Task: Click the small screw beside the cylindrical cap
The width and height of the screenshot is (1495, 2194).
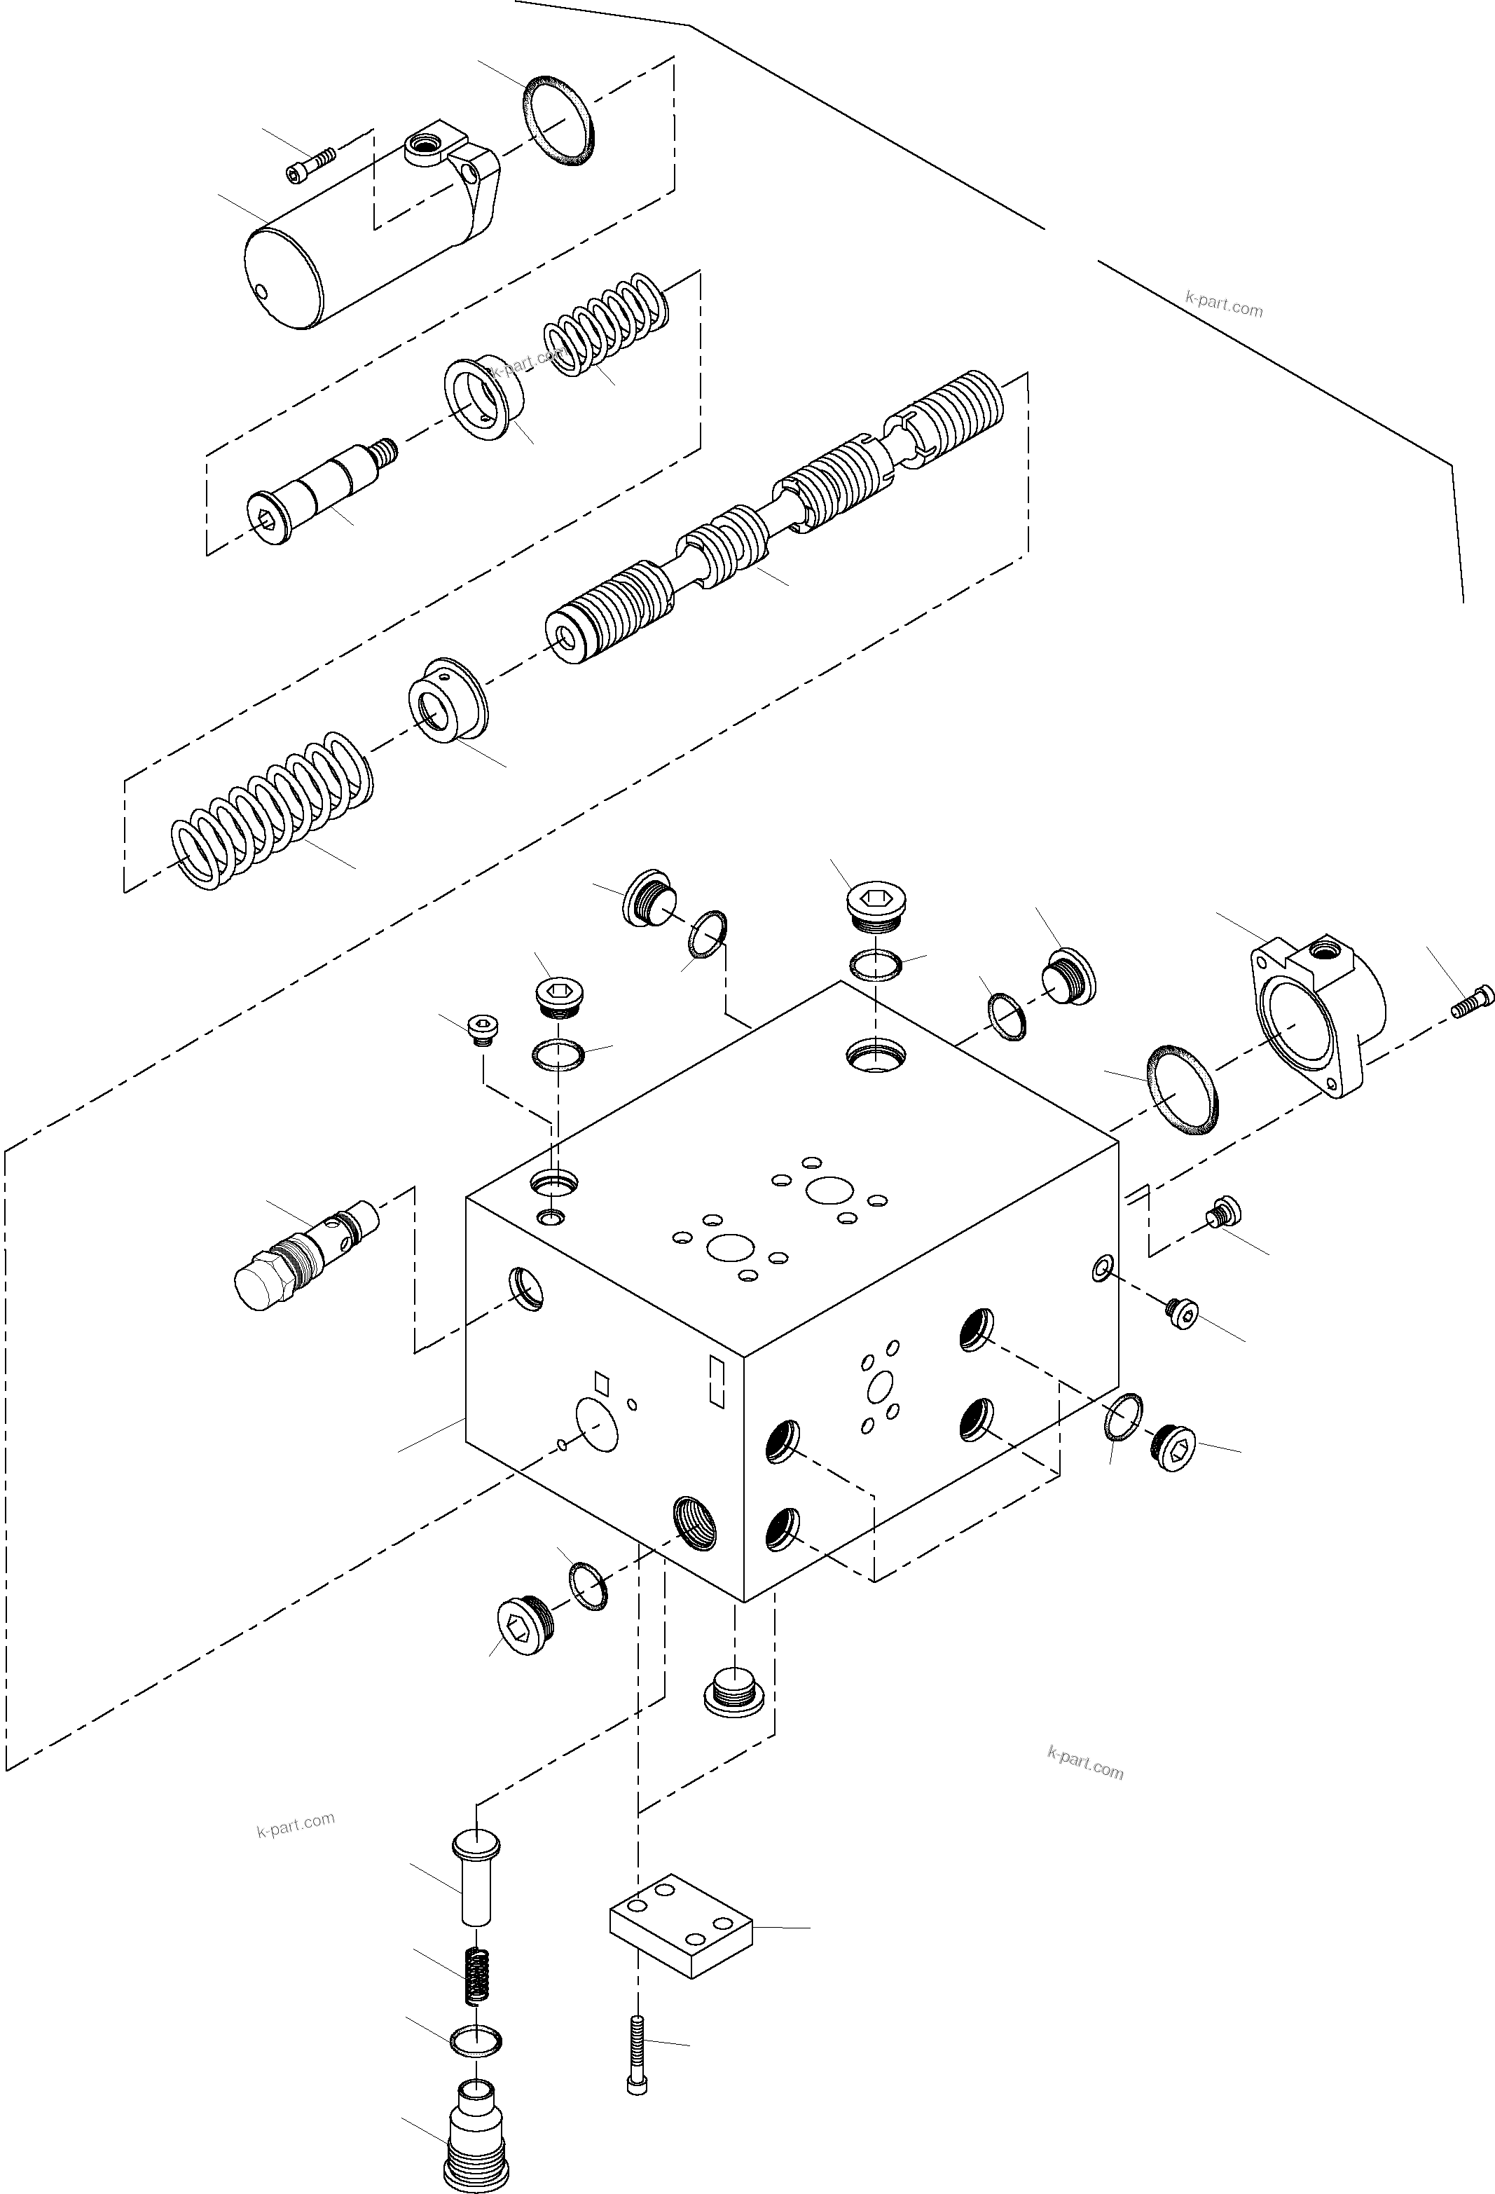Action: point(310,166)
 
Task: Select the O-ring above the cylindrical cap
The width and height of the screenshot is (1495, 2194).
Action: point(559,123)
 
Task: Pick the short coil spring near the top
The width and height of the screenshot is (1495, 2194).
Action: point(604,326)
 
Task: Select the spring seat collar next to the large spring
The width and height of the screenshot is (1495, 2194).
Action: point(446,699)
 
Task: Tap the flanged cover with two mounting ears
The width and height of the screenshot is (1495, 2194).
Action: point(1316,1015)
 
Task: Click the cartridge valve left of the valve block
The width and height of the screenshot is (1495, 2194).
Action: point(302,1256)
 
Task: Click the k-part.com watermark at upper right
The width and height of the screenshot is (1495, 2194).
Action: point(1223,304)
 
